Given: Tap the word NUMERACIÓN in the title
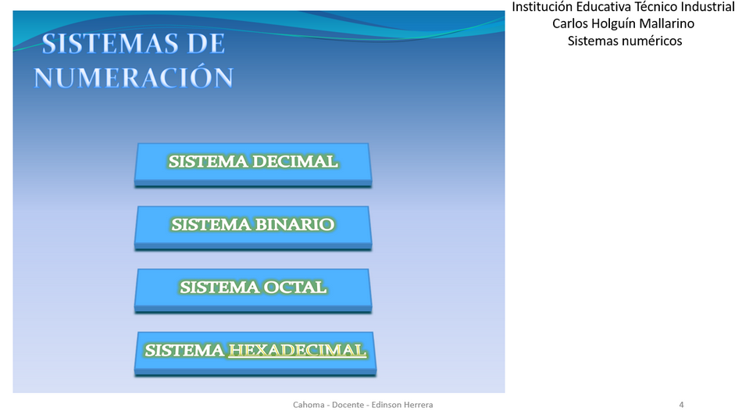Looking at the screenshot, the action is (x=134, y=77).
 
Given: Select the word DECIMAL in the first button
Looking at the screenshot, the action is (x=295, y=162).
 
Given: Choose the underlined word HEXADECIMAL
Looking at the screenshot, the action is (x=298, y=350).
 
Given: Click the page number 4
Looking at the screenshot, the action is (x=681, y=405).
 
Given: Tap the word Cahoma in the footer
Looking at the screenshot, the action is (x=309, y=405).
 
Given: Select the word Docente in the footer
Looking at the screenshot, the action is (x=348, y=405).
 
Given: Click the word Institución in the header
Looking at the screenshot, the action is (x=542, y=7).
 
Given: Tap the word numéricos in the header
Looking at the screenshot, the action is (x=655, y=41).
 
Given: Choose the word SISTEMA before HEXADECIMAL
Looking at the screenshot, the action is (x=184, y=350).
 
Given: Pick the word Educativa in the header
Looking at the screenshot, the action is (x=603, y=7).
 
